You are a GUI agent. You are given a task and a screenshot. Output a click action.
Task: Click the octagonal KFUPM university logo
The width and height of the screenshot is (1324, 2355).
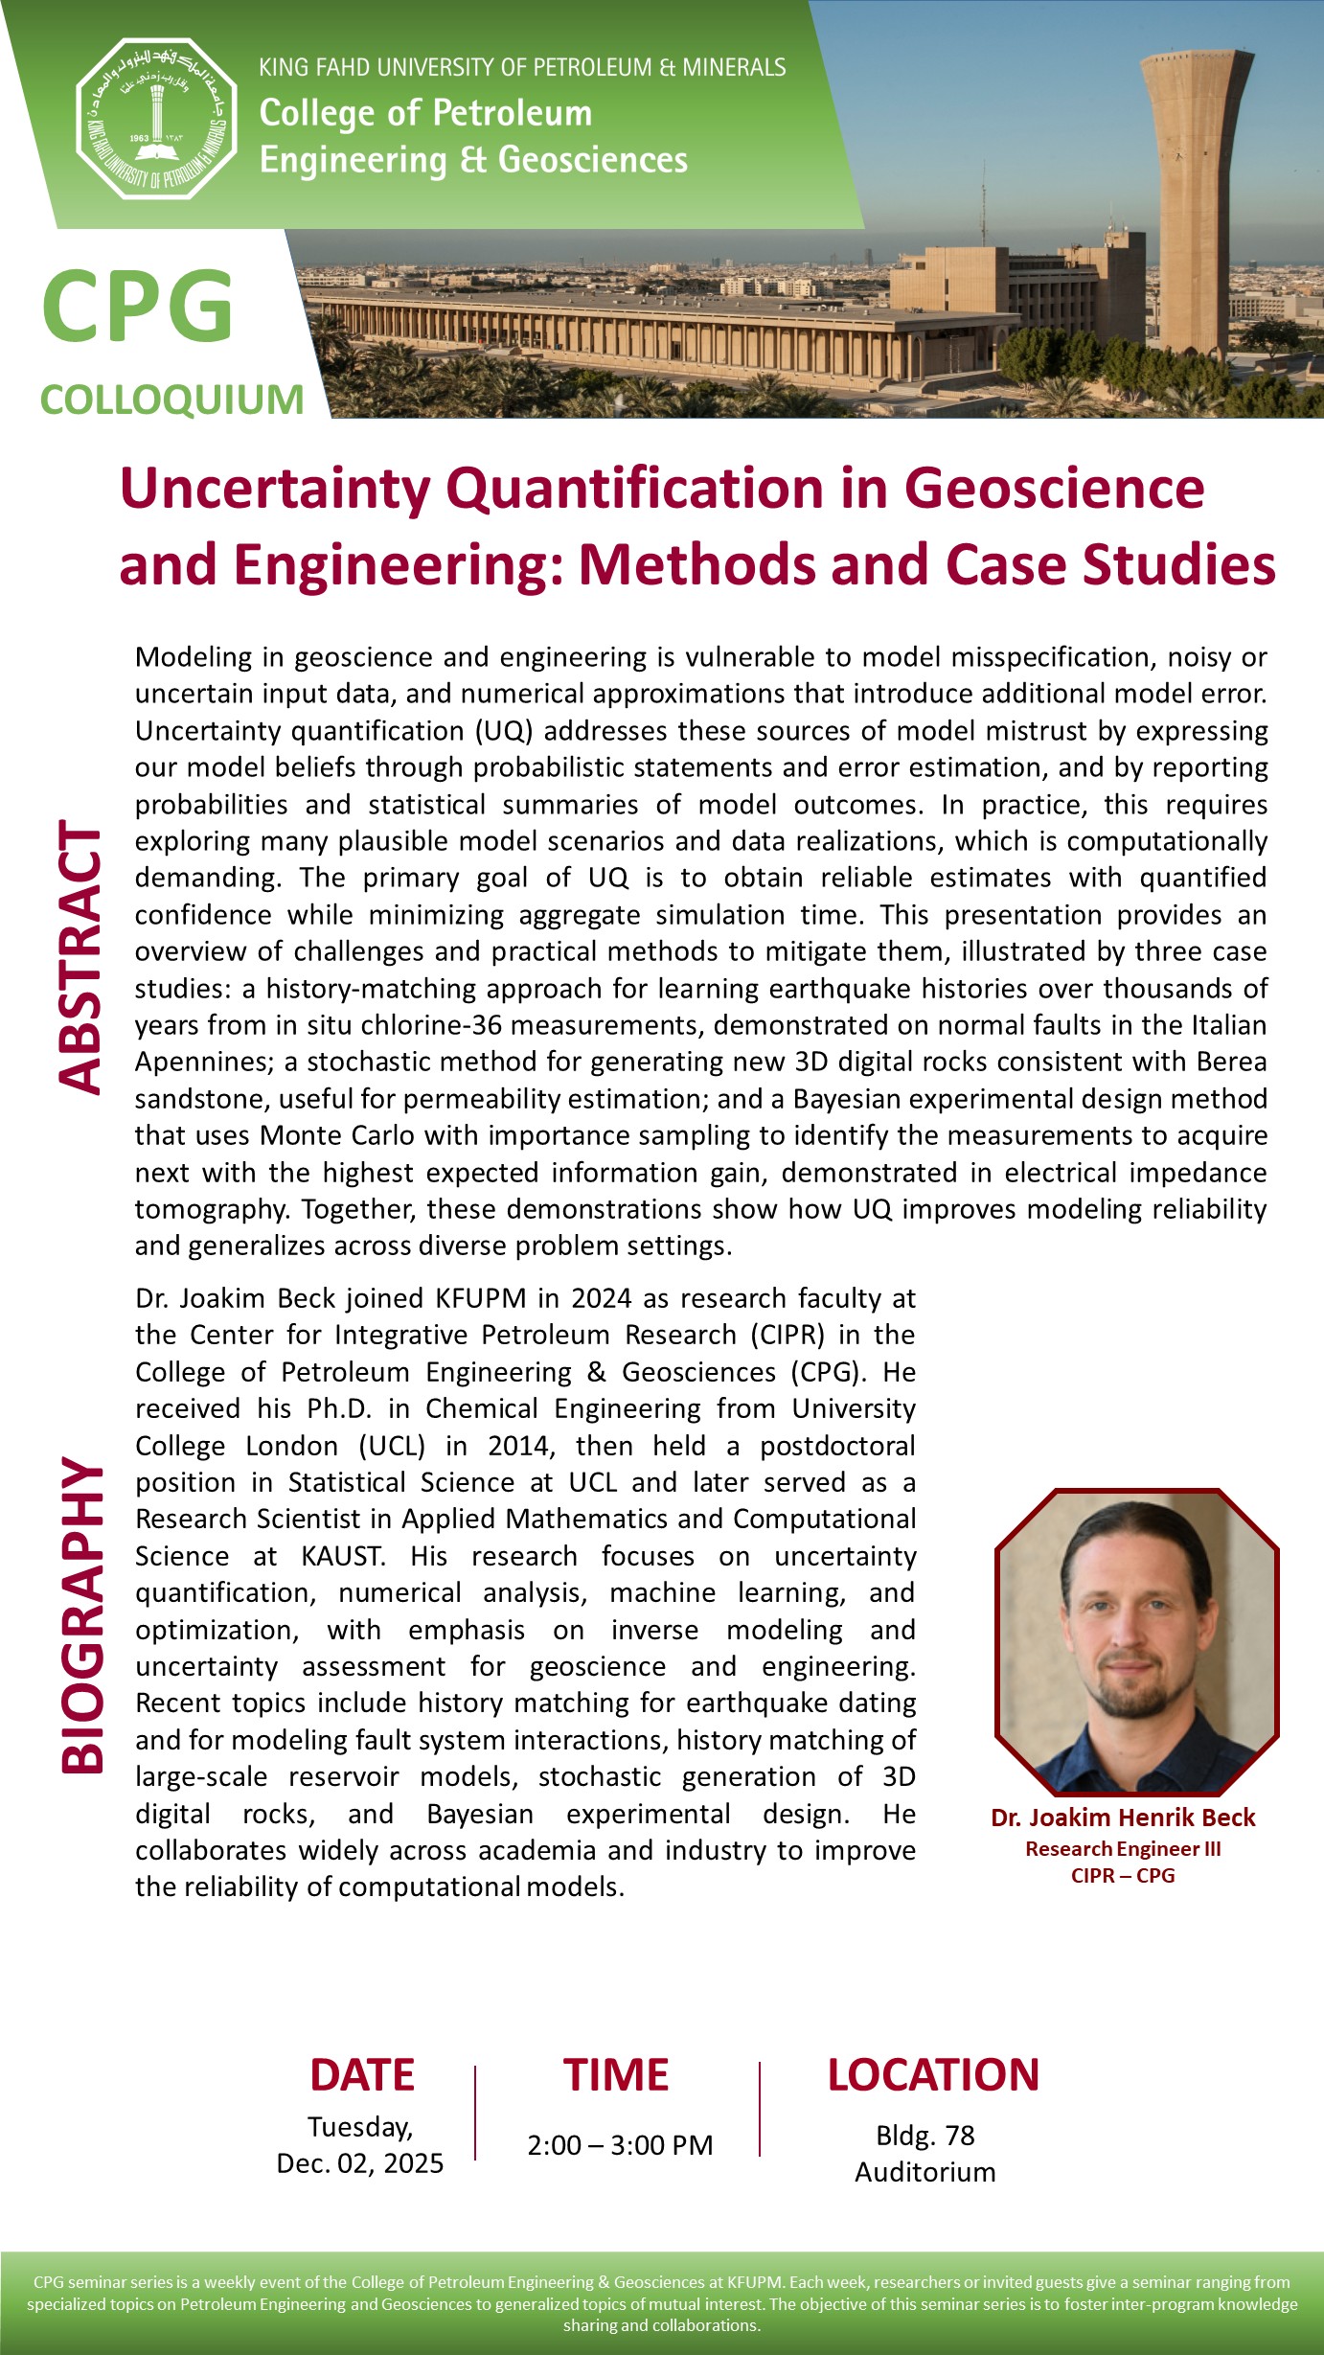pyautogui.click(x=156, y=119)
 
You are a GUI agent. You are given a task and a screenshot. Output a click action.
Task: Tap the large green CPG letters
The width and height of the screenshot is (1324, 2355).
pyautogui.click(x=137, y=306)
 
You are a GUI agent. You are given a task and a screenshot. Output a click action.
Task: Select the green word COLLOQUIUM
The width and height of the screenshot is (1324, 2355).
pyautogui.click(x=172, y=400)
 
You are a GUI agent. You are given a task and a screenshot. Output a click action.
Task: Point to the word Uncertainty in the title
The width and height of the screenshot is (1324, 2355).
pyautogui.click(x=276, y=489)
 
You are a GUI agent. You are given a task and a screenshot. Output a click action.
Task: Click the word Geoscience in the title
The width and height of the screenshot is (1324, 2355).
pyautogui.click(x=1054, y=489)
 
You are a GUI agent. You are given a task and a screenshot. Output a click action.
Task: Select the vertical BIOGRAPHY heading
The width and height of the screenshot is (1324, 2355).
pyautogui.click(x=82, y=1615)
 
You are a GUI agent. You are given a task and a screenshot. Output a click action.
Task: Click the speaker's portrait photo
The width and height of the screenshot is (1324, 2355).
pyautogui.click(x=1137, y=1640)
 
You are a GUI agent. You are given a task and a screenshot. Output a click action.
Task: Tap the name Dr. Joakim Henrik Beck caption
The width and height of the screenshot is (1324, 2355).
pyautogui.click(x=1123, y=1818)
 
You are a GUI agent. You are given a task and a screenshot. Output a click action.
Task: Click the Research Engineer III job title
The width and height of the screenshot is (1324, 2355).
pyautogui.click(x=1123, y=1849)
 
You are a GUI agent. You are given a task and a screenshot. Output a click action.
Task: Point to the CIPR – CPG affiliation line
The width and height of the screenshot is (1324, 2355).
pyautogui.click(x=1123, y=1875)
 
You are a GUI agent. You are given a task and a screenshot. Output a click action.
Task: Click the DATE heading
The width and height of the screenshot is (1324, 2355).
pyautogui.click(x=362, y=2075)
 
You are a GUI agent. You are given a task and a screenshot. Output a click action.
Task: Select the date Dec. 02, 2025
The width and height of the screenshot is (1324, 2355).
pyautogui.click(x=360, y=2163)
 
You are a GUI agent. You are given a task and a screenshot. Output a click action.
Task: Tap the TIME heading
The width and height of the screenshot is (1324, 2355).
pyautogui.click(x=616, y=2075)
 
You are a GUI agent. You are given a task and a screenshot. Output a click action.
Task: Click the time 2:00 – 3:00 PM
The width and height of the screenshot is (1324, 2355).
pyautogui.click(x=620, y=2145)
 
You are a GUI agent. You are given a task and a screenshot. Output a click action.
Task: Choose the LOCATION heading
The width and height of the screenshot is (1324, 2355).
pyautogui.click(x=933, y=2075)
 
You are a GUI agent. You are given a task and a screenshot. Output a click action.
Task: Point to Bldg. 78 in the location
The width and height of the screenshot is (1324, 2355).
pyautogui.click(x=925, y=2136)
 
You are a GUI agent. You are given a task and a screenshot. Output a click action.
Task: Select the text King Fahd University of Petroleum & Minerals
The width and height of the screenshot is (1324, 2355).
pyautogui.click(x=522, y=67)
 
